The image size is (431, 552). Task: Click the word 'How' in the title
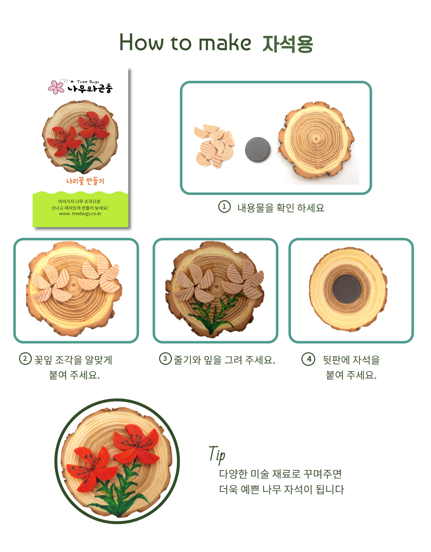(141, 42)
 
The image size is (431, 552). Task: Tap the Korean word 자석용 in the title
(288, 44)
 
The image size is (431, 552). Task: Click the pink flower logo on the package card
(56, 87)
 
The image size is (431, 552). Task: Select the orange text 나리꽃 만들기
(85, 181)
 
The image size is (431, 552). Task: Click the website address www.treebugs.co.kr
(80, 214)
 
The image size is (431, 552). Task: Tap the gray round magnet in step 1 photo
(258, 150)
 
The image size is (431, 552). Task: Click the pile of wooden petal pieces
(214, 146)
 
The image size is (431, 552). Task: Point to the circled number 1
(224, 206)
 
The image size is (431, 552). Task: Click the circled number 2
(25, 359)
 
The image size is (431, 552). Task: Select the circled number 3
(165, 359)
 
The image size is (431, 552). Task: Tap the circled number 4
(308, 359)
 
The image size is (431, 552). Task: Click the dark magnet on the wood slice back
(347, 289)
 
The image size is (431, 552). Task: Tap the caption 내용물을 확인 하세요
(281, 208)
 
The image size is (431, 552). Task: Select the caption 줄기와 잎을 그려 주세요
(225, 360)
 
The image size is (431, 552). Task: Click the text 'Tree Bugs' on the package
(88, 82)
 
